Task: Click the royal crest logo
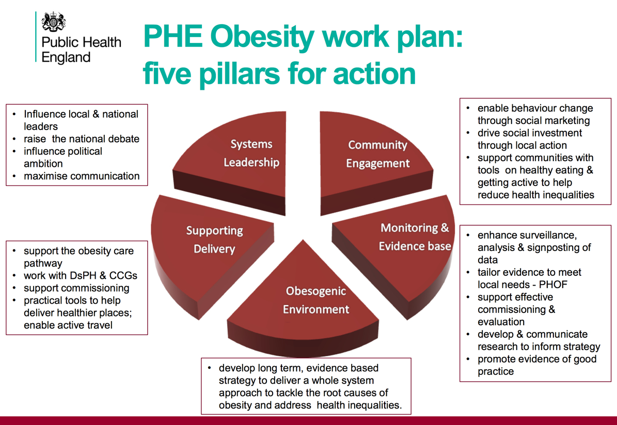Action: click(54, 22)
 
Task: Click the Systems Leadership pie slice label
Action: click(251, 153)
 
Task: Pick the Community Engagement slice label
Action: click(378, 154)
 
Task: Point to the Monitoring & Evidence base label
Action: click(415, 237)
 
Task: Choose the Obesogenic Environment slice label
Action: click(316, 300)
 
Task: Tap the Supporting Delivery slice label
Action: click(214, 239)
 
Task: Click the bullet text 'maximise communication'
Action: click(82, 176)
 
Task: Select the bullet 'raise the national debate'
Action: click(82, 139)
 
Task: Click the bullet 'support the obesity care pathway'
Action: click(78, 257)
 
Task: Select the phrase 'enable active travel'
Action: click(68, 325)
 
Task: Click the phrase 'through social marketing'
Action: click(533, 120)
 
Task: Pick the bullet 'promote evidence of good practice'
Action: click(537, 365)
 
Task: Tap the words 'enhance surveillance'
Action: click(527, 235)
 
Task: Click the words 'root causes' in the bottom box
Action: click(351, 393)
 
